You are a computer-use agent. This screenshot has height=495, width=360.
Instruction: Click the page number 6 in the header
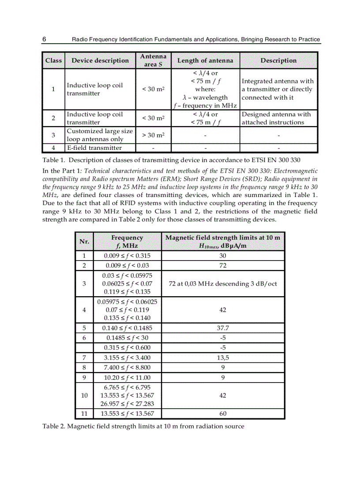[x=45, y=39]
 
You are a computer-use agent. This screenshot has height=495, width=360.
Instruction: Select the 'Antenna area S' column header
[x=153, y=60]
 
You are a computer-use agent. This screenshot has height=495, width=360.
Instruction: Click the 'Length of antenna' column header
[x=205, y=60]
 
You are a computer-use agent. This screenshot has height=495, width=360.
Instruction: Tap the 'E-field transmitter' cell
[x=94, y=148]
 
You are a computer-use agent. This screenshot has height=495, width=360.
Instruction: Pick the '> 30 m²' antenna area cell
[x=153, y=135]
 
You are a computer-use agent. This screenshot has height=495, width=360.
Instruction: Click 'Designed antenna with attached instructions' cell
[x=276, y=118]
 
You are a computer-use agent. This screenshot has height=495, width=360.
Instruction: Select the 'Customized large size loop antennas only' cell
[x=100, y=135]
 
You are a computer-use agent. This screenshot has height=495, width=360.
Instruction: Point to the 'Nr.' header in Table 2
[x=84, y=242]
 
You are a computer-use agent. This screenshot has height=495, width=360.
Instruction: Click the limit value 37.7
[x=223, y=328]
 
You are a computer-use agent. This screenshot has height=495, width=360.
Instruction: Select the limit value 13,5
[x=223, y=357]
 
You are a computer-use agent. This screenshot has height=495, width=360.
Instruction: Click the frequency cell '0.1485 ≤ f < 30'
[x=127, y=338]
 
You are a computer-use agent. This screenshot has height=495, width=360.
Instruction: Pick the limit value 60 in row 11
[x=223, y=413]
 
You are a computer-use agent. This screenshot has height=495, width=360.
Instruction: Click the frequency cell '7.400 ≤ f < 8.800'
[x=127, y=367]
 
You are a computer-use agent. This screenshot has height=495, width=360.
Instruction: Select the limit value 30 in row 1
[x=223, y=256]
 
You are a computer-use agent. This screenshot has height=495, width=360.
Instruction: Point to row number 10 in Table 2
[x=84, y=395]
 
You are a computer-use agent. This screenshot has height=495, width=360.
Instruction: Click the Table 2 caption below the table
[x=143, y=426]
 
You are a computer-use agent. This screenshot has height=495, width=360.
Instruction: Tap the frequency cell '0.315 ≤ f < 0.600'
[x=127, y=348]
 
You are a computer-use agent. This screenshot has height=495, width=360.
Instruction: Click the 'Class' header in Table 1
[x=53, y=60]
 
